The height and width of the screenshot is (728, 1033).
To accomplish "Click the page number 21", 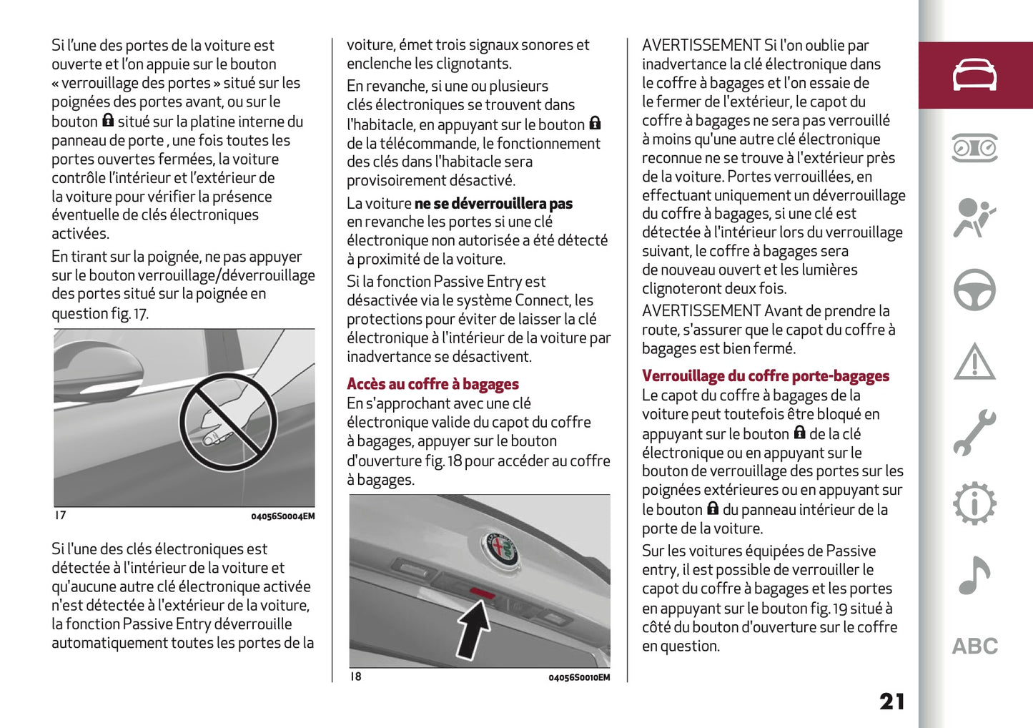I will (891, 701).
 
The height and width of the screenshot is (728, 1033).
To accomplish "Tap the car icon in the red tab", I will (974, 75).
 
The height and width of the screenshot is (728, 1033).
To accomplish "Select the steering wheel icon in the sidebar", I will (974, 290).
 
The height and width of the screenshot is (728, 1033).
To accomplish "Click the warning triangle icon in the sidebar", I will (974, 361).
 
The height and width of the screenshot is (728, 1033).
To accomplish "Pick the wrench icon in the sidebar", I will (974, 433).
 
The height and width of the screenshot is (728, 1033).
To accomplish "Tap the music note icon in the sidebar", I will (974, 576).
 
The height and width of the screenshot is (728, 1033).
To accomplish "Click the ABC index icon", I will (974, 646).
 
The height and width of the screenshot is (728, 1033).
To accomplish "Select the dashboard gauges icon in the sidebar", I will (974, 147).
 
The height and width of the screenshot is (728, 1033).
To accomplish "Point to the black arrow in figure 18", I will (474, 627).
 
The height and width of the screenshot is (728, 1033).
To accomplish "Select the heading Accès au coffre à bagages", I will (433, 384).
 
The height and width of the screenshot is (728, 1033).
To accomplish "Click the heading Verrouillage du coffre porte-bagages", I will (765, 375).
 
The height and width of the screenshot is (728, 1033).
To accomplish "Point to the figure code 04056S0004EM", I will (282, 516).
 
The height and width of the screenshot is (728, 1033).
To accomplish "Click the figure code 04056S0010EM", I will (579, 677).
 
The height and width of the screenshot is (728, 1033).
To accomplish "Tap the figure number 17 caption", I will (61, 516).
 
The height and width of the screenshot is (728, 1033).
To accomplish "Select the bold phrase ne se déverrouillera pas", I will (493, 204).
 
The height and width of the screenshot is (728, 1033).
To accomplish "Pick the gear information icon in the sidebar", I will (974, 504).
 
